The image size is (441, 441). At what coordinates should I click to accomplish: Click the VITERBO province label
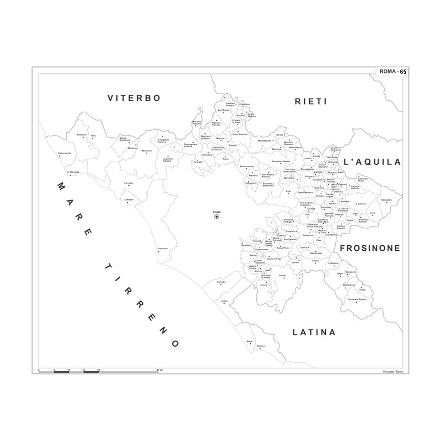134,98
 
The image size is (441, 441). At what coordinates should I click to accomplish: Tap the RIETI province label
311,101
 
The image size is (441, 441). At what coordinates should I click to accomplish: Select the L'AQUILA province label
372,162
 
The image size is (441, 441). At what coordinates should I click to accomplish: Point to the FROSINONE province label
370,249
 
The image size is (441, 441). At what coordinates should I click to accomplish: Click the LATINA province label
314,332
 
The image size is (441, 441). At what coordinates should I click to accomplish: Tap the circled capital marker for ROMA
217,217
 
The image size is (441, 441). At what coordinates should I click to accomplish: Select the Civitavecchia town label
64,153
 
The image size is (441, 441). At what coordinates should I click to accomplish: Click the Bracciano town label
147,150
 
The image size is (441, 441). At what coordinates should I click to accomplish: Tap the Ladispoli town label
129,199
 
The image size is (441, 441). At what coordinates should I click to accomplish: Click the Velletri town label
282,275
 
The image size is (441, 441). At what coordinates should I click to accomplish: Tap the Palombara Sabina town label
281,162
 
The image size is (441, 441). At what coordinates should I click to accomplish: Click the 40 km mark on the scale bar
159,369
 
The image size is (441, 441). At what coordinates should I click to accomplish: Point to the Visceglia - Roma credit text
390,372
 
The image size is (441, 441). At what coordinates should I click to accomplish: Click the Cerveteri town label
129,182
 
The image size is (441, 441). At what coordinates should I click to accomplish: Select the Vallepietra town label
386,200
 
